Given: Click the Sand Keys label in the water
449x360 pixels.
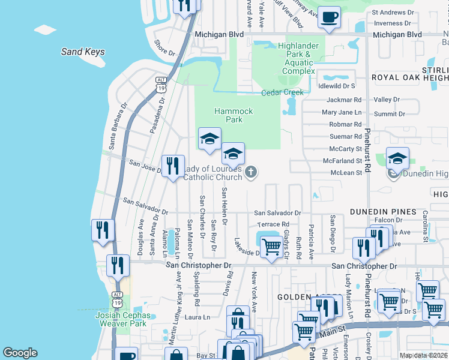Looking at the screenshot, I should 83,52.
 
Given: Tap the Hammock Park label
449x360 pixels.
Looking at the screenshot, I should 234,115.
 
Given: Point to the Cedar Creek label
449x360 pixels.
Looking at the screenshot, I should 282,92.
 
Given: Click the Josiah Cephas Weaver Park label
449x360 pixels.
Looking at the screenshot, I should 121,319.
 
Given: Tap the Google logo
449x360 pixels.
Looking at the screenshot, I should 20,353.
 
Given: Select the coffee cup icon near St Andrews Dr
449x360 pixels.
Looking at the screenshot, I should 328,18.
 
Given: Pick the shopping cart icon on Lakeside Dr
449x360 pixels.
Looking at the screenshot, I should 271,247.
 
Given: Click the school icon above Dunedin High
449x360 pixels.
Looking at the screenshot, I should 397,159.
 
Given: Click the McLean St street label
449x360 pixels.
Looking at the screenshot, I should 346,173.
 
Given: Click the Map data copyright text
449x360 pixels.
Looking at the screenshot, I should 423,355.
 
